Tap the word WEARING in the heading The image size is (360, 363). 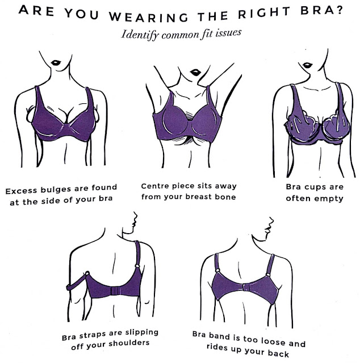(149, 17)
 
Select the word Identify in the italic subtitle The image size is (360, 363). (140, 35)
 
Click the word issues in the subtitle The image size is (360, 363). (228, 33)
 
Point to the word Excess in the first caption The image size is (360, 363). (22, 191)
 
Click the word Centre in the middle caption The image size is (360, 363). (154, 186)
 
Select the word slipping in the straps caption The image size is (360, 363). (142, 333)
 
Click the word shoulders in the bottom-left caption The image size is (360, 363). (129, 343)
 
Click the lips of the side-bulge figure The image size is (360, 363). (56, 62)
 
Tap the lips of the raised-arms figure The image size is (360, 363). (195, 73)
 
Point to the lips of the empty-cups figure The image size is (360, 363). (308, 65)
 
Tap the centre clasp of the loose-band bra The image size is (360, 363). (246, 288)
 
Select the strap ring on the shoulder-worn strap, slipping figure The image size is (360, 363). (137, 266)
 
